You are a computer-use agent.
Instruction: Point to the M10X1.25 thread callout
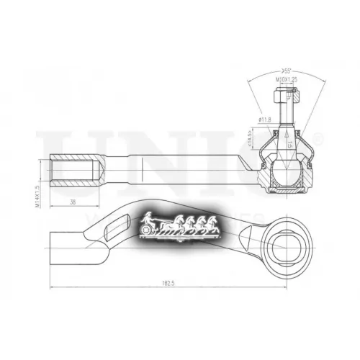[x=286, y=80]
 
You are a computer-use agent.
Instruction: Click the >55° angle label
[x=286, y=71]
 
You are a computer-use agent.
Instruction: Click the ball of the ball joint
[x=286, y=173]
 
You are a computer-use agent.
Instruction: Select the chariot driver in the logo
[x=148, y=218]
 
